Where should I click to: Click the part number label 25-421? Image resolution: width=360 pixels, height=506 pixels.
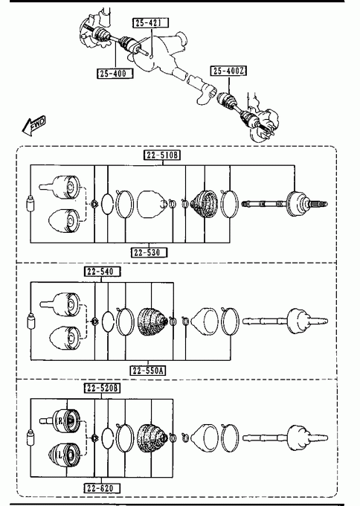pos(151,22)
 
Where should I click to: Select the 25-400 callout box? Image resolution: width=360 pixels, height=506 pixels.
pos(115,73)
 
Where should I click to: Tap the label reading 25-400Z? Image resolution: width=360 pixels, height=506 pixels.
pos(228,71)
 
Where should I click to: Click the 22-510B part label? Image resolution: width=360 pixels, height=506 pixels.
pos(162,156)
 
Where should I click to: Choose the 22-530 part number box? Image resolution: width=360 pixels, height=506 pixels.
pos(149,252)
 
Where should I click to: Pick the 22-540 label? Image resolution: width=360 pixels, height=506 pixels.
pos(102,272)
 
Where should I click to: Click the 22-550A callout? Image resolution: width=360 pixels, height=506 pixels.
pos(148,371)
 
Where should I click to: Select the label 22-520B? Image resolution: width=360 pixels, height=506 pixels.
pos(102,388)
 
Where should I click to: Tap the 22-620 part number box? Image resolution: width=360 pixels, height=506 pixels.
pos(102,488)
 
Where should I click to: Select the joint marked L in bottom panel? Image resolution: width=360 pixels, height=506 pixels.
pos(64,455)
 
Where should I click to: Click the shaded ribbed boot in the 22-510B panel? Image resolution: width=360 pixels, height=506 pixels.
pos(204,204)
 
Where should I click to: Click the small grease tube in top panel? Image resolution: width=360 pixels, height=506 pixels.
pos(30,204)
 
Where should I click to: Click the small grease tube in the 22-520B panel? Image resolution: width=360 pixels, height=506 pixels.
pos(31,438)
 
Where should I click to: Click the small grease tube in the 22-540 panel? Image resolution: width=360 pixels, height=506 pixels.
pos(31,321)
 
